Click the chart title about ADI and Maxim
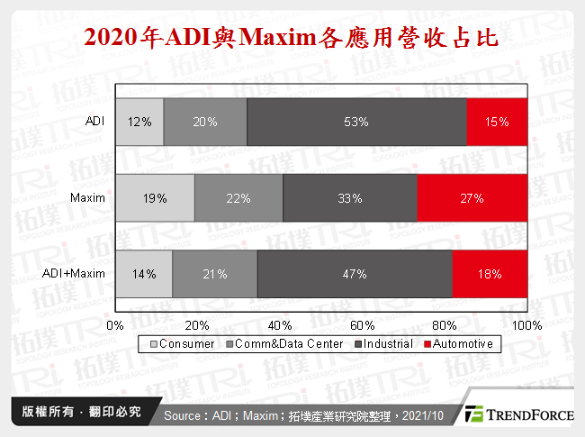click(x=292, y=39)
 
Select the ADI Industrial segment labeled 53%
click(x=355, y=121)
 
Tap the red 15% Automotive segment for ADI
click(x=496, y=121)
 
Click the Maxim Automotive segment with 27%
click(x=472, y=196)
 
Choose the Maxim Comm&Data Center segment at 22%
click(x=238, y=196)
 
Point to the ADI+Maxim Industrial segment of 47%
click(x=354, y=273)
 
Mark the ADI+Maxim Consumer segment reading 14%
click(x=144, y=273)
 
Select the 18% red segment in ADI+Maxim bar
click(x=489, y=273)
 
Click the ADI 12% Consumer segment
click(x=139, y=121)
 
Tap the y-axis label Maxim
click(x=88, y=196)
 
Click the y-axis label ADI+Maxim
click(x=75, y=273)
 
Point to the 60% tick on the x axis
click(x=362, y=325)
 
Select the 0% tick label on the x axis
click(x=115, y=325)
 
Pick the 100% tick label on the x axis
click(x=526, y=325)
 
